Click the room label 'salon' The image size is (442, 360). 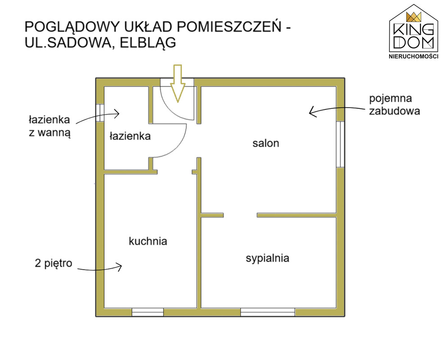pyautogui.click(x=266, y=143)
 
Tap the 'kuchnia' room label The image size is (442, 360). pyautogui.click(x=148, y=241)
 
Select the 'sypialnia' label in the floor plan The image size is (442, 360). pyautogui.click(x=267, y=259)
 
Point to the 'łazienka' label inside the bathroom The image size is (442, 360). pyautogui.click(x=130, y=136)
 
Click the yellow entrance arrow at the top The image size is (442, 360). pyautogui.click(x=178, y=83)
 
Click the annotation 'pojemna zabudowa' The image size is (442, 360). pyautogui.click(x=394, y=105)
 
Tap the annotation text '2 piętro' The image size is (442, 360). pyautogui.click(x=54, y=264)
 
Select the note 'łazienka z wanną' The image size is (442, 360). pyautogui.click(x=50, y=126)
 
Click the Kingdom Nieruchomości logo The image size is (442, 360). pyautogui.click(x=414, y=31)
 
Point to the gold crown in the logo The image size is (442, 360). pyautogui.click(x=414, y=17)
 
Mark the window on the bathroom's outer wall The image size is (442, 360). pyautogui.click(x=100, y=113)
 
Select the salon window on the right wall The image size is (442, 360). pyautogui.click(x=341, y=144)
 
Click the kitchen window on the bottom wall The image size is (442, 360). pyautogui.click(x=148, y=312)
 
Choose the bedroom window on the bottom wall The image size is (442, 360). pyautogui.click(x=267, y=312)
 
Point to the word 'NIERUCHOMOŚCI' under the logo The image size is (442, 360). pyautogui.click(x=414, y=56)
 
